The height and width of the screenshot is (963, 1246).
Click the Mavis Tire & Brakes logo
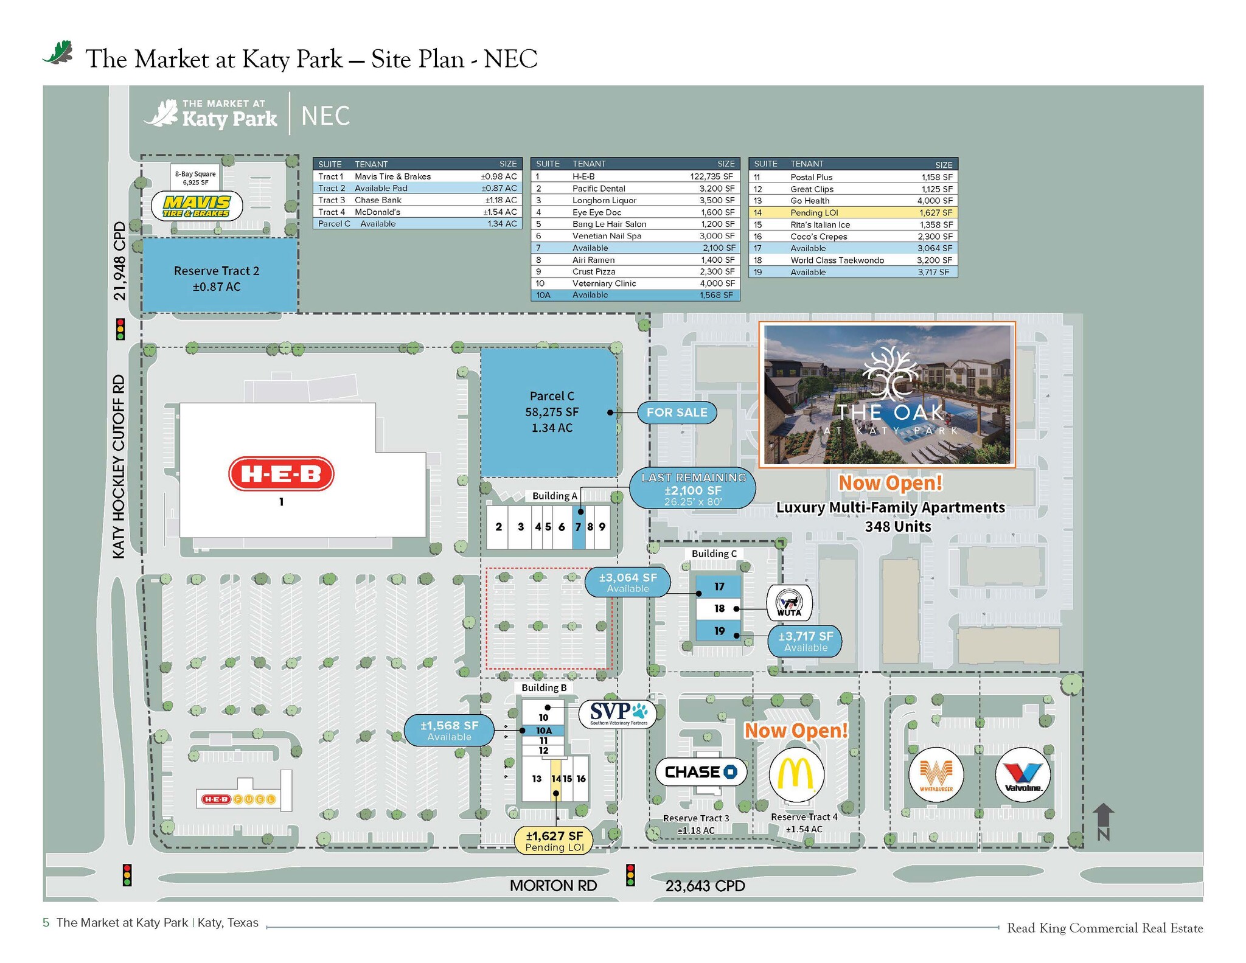click(197, 206)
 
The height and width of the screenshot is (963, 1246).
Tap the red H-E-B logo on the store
click(281, 473)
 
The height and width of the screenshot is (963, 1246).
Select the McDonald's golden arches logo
click(796, 774)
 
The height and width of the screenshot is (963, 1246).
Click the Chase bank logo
click(701, 772)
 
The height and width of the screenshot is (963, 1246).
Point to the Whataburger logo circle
click(936, 774)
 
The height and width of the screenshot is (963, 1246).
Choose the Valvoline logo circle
click(1023, 774)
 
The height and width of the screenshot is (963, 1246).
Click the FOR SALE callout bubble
click(677, 412)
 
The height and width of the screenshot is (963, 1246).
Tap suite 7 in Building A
click(578, 527)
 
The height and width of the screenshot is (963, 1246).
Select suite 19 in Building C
click(719, 631)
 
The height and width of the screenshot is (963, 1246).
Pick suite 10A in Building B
click(543, 730)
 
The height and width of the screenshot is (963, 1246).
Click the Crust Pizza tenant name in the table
click(593, 271)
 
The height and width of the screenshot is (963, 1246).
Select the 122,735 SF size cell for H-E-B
click(711, 176)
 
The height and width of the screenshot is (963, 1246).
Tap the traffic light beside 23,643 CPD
click(630, 874)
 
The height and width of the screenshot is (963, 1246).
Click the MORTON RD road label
click(553, 885)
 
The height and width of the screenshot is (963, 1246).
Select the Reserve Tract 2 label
click(217, 278)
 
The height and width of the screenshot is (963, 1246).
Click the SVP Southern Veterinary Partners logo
click(617, 713)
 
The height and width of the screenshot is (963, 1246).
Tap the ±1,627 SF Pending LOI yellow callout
click(554, 841)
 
